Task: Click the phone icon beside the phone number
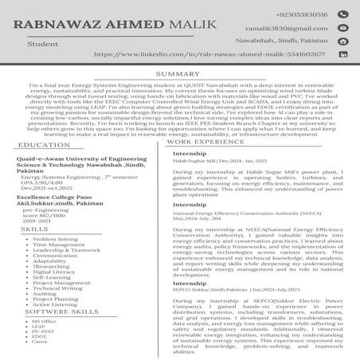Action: tap(342, 14)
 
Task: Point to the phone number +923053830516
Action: tap(300, 14)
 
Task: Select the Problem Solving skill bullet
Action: tap(56, 239)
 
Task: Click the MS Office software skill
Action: tap(45, 321)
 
